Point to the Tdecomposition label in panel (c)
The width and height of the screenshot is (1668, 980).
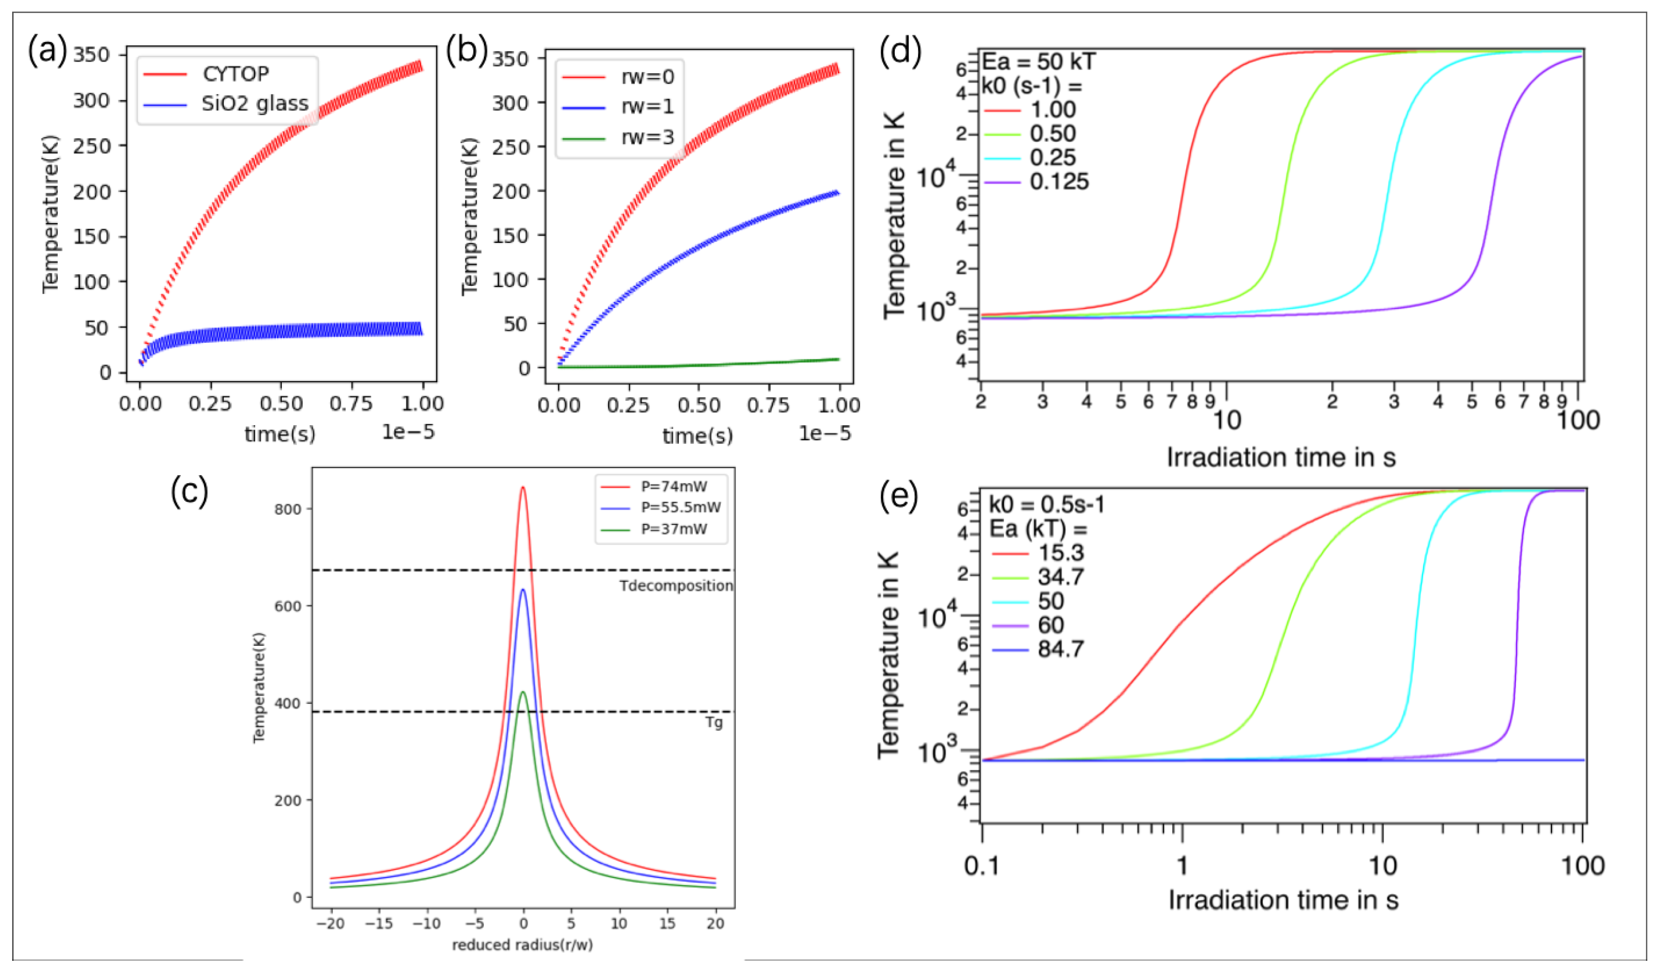676,586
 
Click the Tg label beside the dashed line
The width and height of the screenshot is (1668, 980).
714,722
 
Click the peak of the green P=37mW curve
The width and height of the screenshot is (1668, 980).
523,692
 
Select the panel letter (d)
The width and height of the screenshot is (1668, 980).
900,51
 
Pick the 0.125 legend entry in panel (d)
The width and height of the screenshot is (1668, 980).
1059,182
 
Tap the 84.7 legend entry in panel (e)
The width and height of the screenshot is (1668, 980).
1060,649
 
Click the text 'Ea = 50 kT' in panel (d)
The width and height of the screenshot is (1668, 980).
1038,62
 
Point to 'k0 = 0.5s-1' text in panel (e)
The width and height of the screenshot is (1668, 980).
1046,505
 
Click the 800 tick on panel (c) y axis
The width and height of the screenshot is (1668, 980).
287,509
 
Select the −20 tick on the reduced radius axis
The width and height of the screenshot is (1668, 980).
330,924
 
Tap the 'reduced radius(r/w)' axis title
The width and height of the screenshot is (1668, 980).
522,945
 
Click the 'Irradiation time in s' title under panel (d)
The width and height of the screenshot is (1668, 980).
1281,458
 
